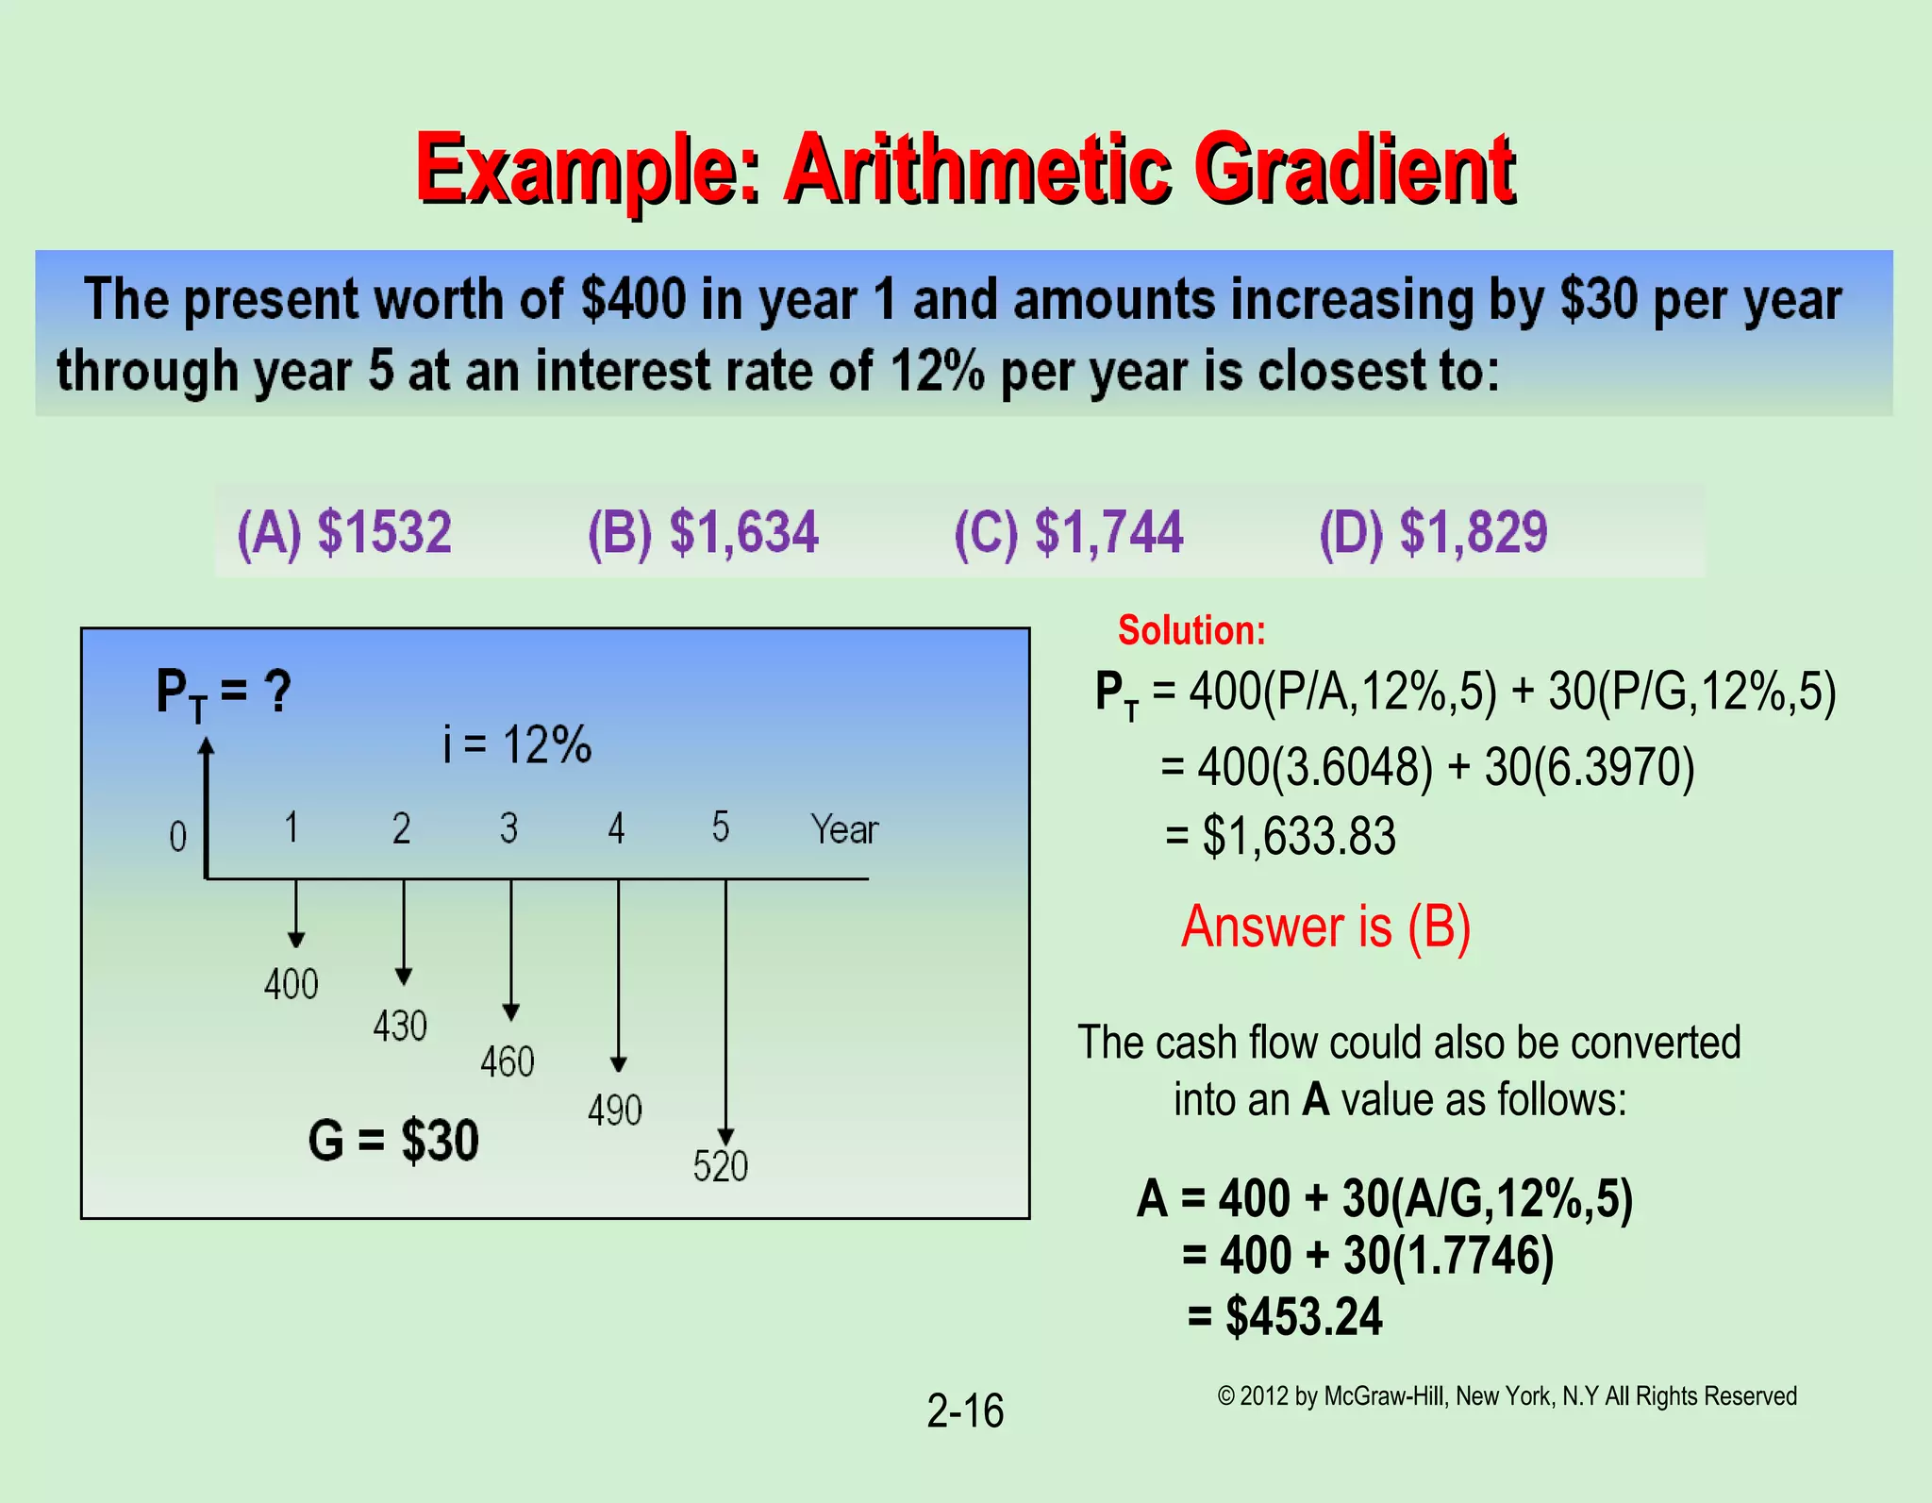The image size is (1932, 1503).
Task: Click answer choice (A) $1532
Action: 344,531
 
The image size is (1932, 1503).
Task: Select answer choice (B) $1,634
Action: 703,531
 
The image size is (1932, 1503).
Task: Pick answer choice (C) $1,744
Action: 1069,531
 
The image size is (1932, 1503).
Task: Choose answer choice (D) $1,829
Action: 1433,531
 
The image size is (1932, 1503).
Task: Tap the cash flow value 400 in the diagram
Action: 291,985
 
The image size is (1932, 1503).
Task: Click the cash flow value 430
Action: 400,1026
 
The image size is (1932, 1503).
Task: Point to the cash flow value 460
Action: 508,1062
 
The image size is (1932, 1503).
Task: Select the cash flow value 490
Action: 615,1111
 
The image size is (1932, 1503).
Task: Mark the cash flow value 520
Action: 721,1167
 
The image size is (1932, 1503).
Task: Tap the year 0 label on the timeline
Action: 178,837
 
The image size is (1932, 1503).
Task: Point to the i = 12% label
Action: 517,744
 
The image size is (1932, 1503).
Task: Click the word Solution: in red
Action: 1191,630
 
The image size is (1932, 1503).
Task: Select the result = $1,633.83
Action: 1280,836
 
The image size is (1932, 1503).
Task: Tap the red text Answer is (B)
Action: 1325,927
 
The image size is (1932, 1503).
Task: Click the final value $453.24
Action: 1303,1316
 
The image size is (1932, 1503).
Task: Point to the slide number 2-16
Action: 965,1411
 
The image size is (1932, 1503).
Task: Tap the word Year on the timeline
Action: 844,829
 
